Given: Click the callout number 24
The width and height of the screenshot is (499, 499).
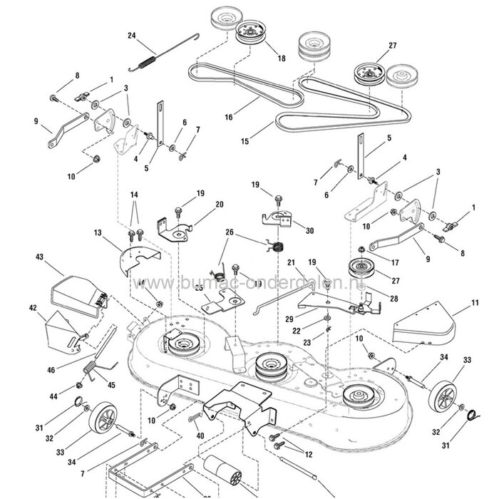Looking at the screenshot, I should pos(131,36).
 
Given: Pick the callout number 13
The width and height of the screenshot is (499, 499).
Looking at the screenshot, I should pos(98,232).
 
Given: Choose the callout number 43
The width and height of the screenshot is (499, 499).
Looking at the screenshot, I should pos(39,257).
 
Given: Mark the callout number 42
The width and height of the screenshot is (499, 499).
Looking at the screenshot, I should pos(32,308).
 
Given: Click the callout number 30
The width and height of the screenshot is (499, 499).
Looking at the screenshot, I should pos(309,230).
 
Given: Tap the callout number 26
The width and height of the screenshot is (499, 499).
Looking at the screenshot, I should pos(230,232).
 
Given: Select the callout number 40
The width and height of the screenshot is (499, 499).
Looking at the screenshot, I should pos(200,436).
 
